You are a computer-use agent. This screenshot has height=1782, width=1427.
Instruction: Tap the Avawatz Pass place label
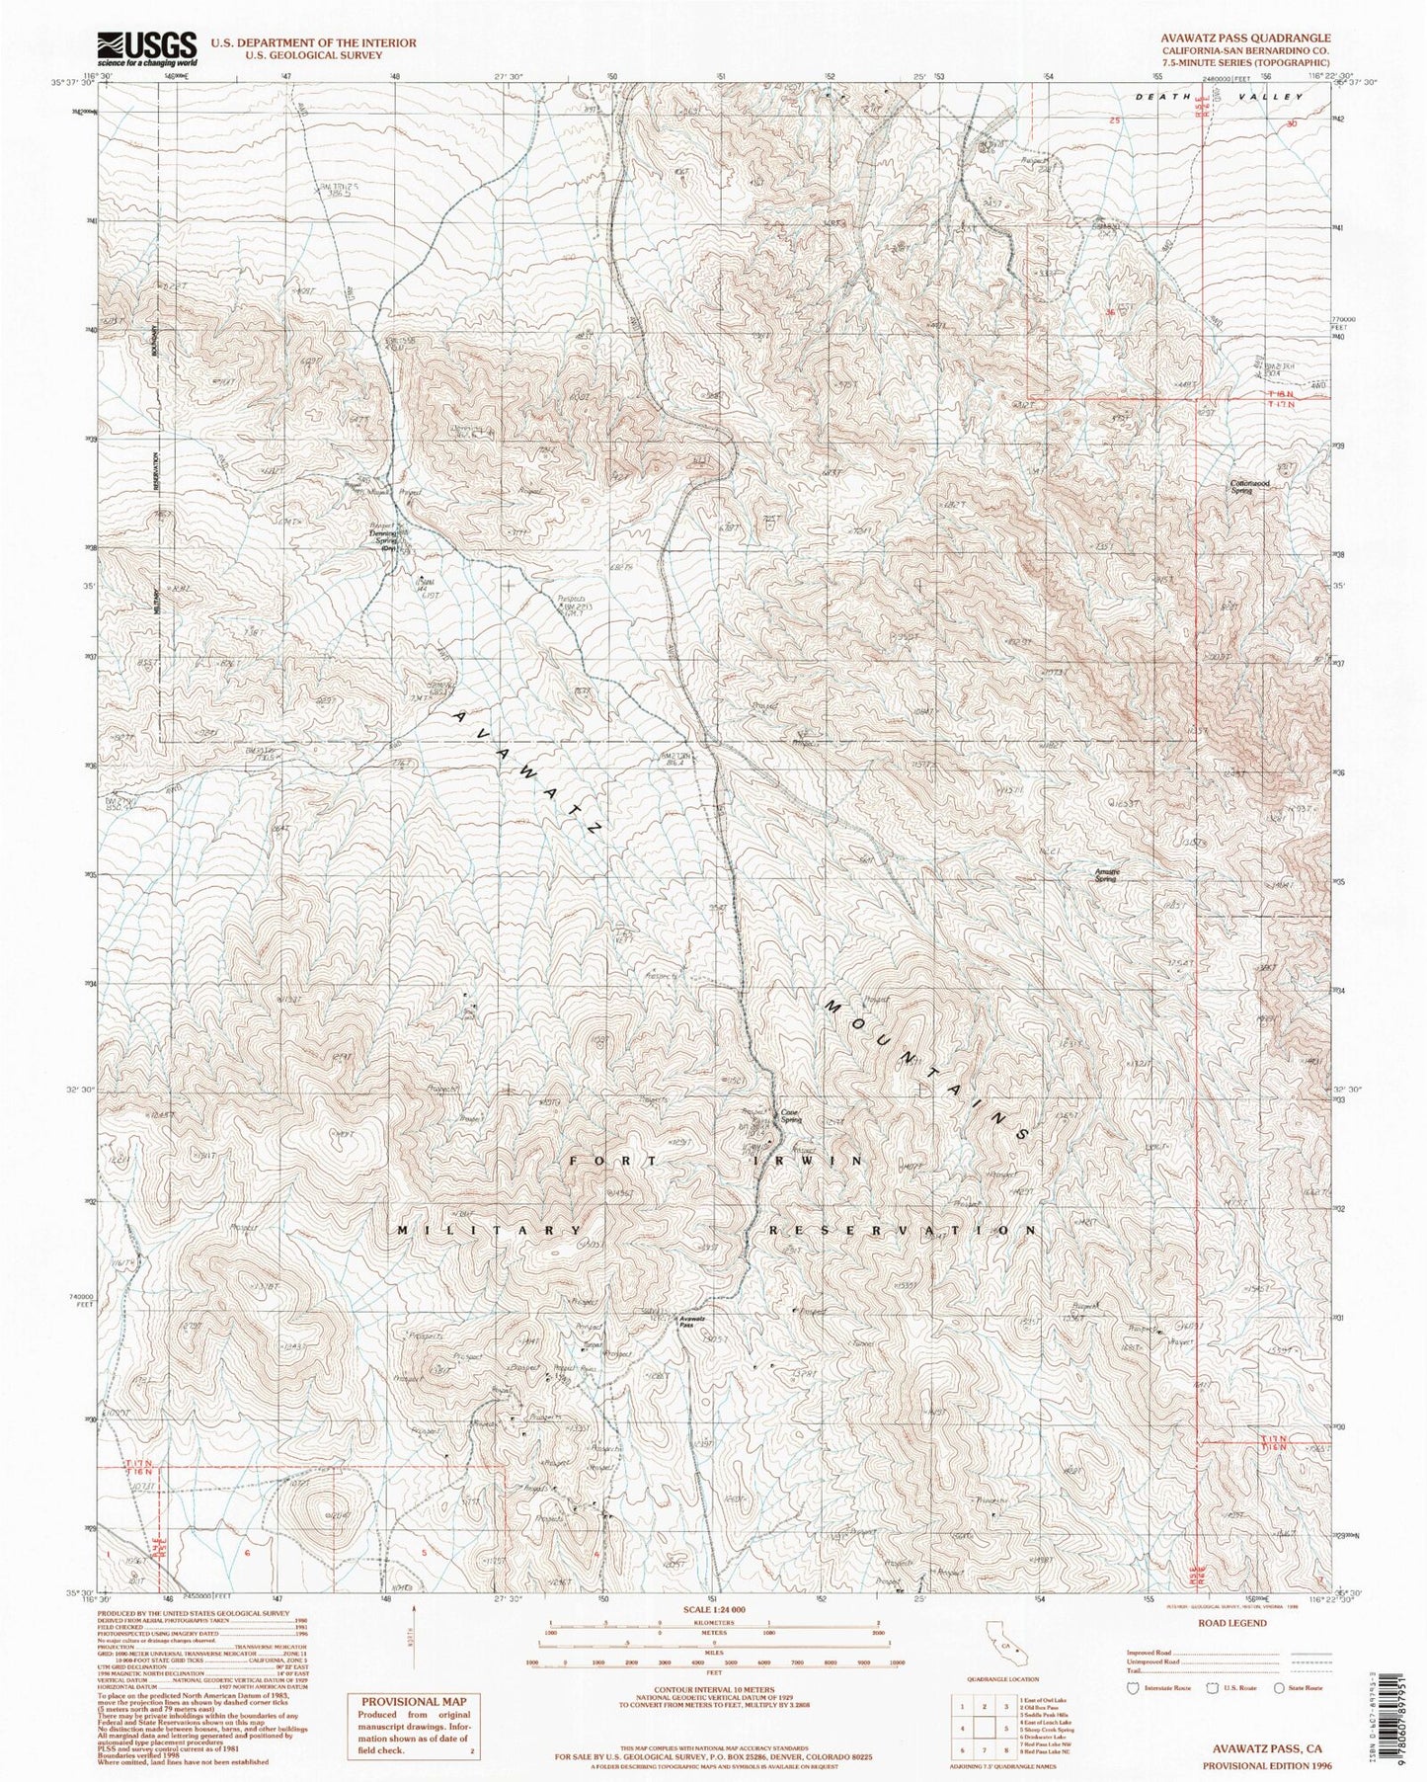pos(691,1322)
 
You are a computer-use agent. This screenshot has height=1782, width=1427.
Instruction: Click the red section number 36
pos(1111,312)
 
